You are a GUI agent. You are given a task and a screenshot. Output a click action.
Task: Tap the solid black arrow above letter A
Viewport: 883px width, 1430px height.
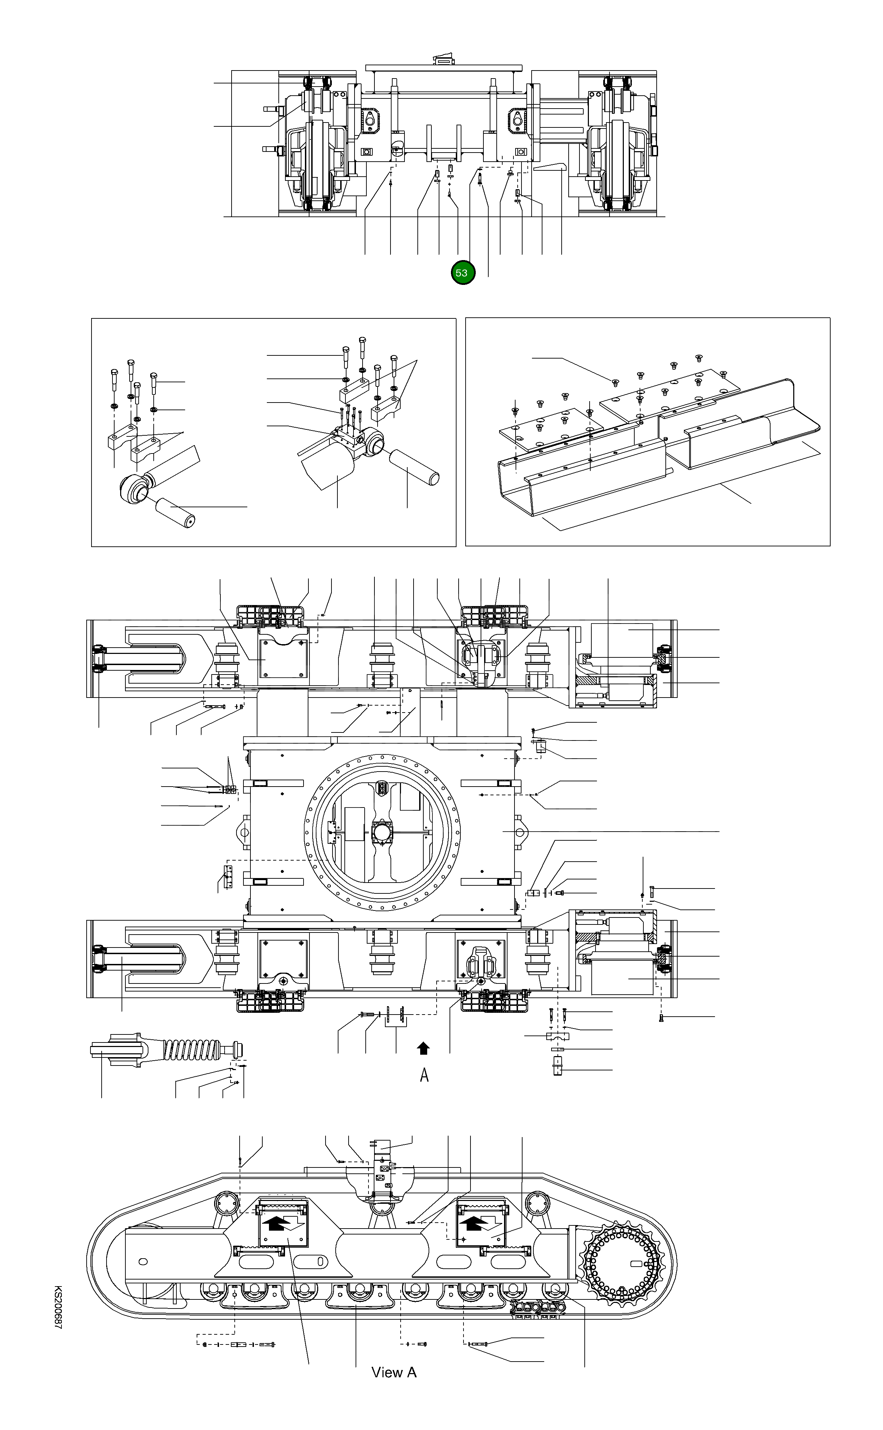click(423, 1049)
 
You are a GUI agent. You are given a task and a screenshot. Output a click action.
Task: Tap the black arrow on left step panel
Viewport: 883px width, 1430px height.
click(275, 1224)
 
